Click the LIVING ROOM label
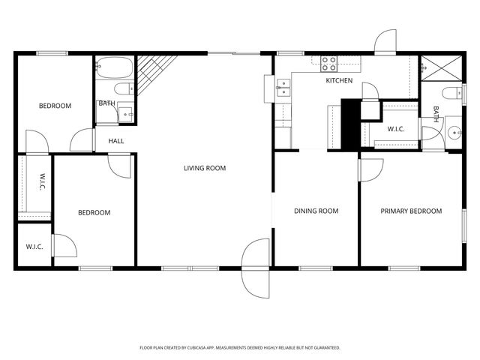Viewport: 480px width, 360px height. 205,168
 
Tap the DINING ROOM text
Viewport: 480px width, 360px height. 316,211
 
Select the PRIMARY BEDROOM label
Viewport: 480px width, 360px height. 411,211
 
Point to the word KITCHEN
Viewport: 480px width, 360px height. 338,80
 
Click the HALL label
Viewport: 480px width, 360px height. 115,141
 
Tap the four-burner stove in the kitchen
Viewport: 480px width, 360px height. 329,63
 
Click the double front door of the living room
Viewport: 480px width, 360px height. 256,268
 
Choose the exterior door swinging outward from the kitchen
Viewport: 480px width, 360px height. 385,43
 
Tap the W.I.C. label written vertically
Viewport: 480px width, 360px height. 42,182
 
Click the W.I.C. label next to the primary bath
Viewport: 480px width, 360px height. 396,129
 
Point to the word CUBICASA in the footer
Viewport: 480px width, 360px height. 200,348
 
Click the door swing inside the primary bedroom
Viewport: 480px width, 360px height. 369,169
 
